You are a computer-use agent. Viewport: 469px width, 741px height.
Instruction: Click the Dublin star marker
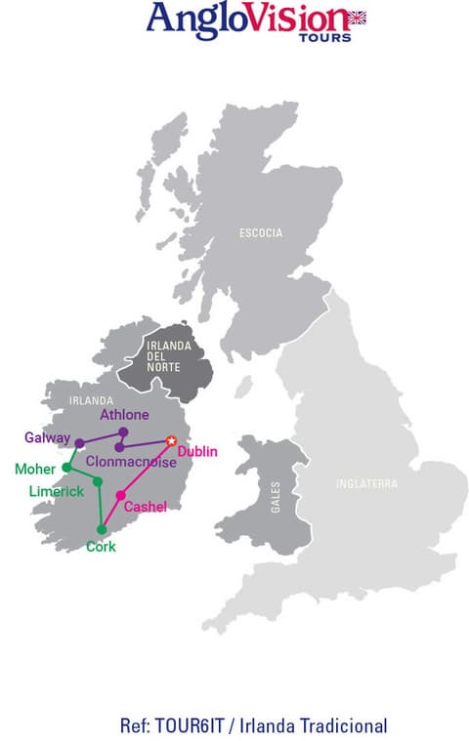click(172, 441)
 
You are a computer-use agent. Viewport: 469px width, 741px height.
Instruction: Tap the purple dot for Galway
click(80, 443)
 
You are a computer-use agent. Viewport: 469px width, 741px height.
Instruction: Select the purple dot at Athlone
click(123, 432)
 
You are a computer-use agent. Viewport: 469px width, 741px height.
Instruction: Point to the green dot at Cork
click(103, 530)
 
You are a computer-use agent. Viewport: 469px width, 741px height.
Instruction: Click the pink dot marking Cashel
click(120, 496)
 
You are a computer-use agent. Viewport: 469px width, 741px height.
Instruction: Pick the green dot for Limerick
click(97, 482)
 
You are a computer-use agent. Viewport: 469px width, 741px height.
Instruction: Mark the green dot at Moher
click(66, 468)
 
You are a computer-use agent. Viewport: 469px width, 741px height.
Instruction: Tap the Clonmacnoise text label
click(131, 462)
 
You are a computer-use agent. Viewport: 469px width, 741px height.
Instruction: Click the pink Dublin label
click(197, 451)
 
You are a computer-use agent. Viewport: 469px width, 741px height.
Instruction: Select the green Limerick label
click(56, 491)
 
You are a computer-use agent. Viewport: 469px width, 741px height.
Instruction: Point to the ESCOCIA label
click(261, 233)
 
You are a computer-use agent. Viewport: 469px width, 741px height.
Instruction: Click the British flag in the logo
click(357, 17)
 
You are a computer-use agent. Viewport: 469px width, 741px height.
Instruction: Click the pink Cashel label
click(146, 506)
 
